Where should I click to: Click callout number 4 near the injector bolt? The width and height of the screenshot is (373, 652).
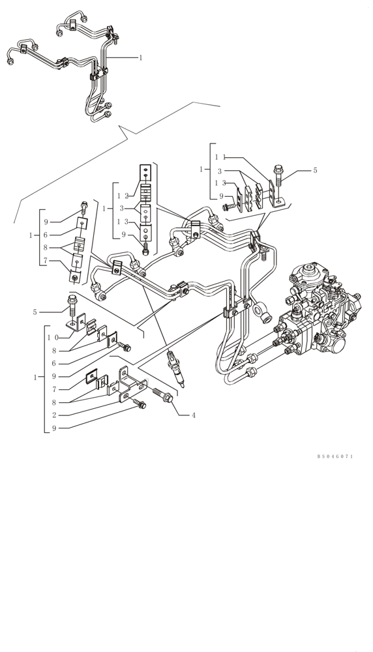(194, 415)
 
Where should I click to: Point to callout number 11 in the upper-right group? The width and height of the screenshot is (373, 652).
(220, 157)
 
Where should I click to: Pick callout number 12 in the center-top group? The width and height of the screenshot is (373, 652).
(123, 196)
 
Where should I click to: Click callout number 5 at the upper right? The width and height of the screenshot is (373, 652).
(315, 170)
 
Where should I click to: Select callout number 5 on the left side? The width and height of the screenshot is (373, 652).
(35, 312)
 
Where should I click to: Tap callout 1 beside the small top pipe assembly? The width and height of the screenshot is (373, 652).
(140, 57)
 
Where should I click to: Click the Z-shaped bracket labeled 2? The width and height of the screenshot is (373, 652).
(125, 385)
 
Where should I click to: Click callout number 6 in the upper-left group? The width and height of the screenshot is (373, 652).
(46, 234)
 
